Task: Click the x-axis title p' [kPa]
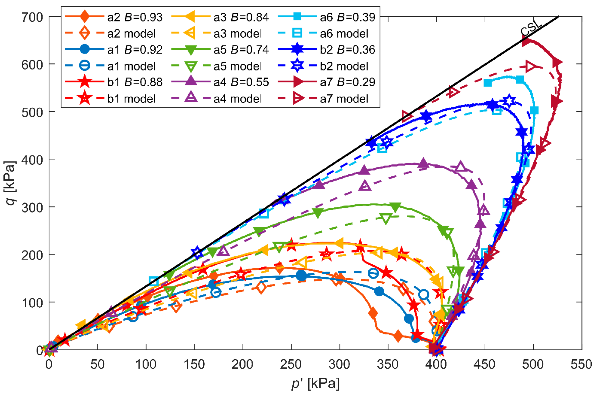(x=315, y=383)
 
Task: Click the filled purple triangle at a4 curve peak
(x=423, y=164)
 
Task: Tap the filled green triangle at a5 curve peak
(x=395, y=207)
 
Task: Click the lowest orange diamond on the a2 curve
(x=398, y=336)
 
